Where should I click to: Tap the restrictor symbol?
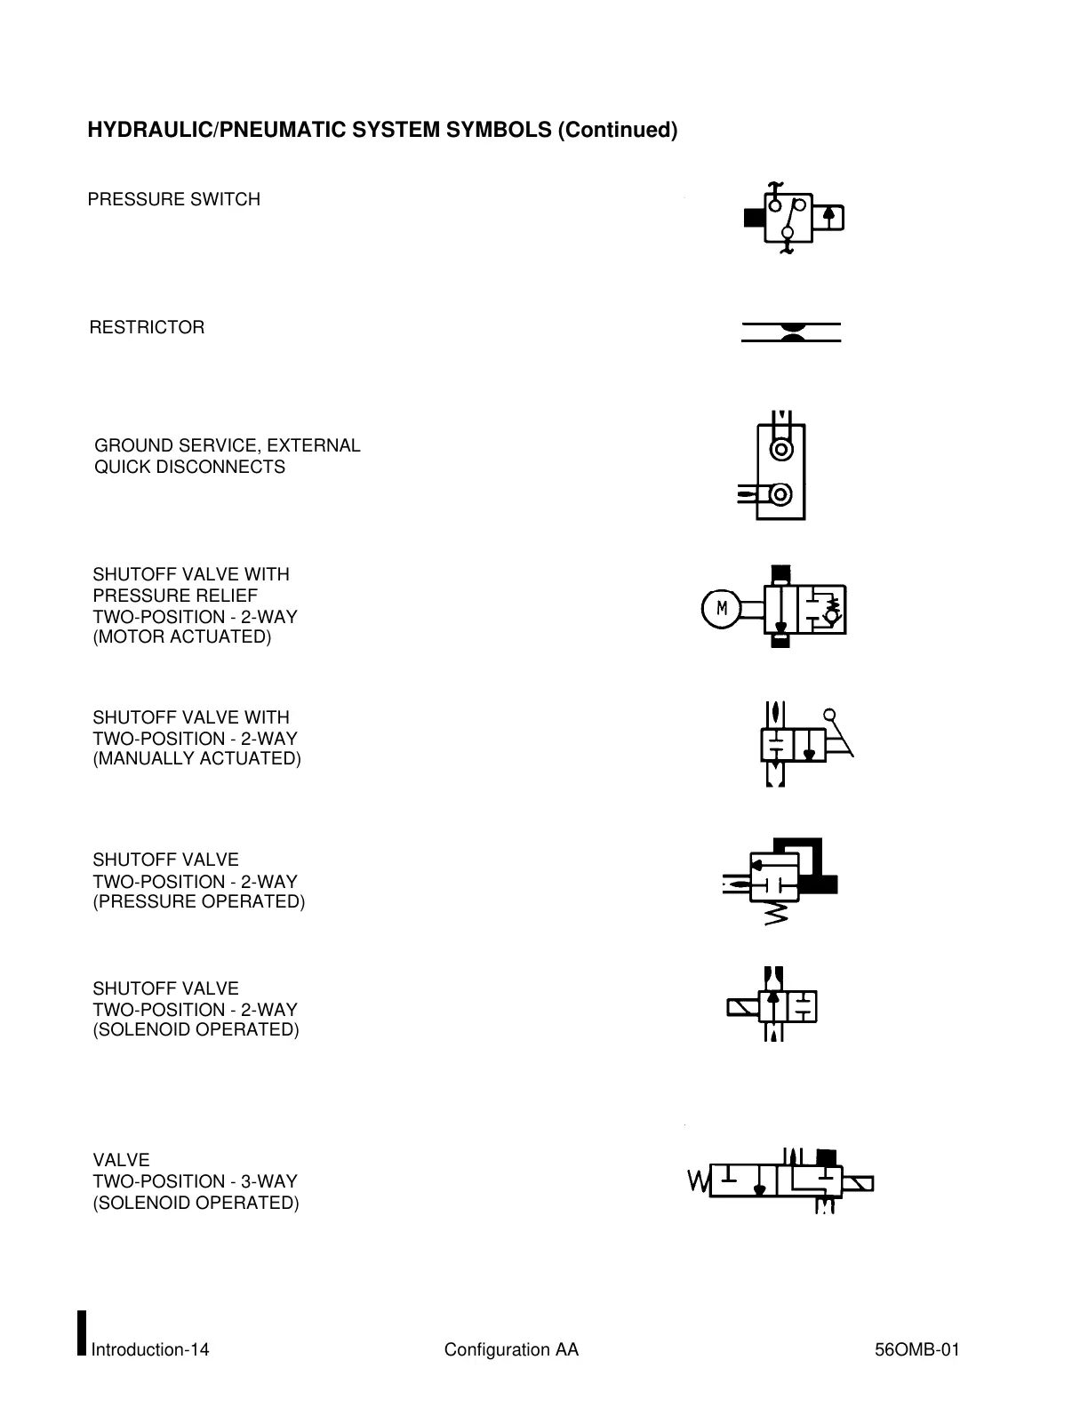pos(791,332)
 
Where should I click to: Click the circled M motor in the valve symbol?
pos(722,609)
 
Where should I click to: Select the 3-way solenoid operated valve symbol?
pos(780,1181)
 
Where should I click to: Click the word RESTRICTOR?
pos(147,328)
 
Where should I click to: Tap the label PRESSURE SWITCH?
pos(173,200)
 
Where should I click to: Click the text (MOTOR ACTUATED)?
pos(182,637)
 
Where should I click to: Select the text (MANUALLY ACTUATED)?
pos(196,759)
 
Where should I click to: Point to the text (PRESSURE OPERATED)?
pos(198,902)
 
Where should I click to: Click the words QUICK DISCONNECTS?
pos(189,468)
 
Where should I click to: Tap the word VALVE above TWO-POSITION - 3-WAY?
pos(121,1160)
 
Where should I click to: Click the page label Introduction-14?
pos(150,1350)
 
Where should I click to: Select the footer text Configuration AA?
pos(511,1350)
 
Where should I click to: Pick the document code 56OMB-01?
pos(916,1350)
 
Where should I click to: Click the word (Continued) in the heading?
pos(617,131)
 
